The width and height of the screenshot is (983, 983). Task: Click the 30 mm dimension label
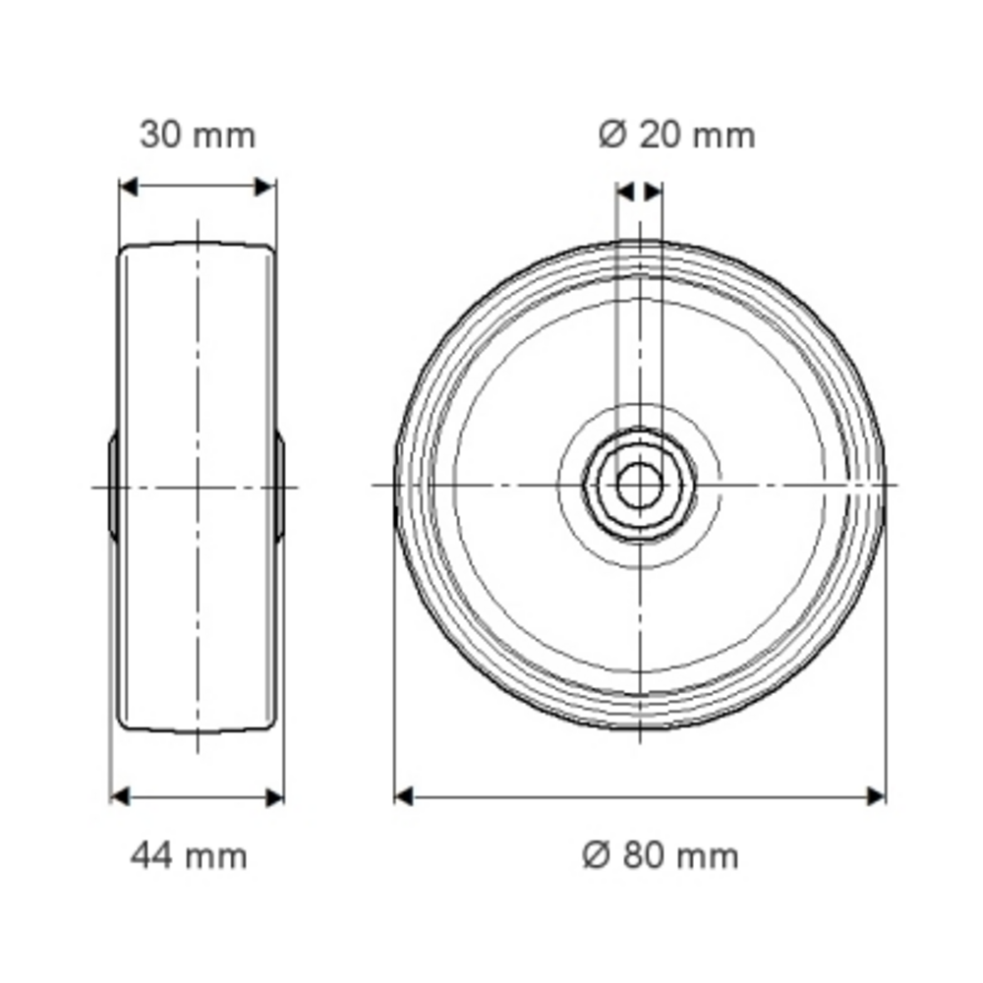point(198,136)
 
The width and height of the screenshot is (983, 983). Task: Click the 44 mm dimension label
point(189,856)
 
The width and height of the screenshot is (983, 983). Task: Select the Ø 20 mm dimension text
point(676,136)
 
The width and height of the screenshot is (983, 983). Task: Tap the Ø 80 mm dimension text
point(661,856)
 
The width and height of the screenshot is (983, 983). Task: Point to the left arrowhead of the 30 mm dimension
point(129,187)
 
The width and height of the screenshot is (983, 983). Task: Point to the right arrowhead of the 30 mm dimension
point(264,187)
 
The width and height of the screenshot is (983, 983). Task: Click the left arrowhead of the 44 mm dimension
point(120,797)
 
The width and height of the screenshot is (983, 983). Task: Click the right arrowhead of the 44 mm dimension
point(274,797)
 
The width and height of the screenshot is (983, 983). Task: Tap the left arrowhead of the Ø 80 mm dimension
point(404,797)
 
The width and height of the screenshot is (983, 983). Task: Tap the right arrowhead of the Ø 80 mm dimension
point(876,797)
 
